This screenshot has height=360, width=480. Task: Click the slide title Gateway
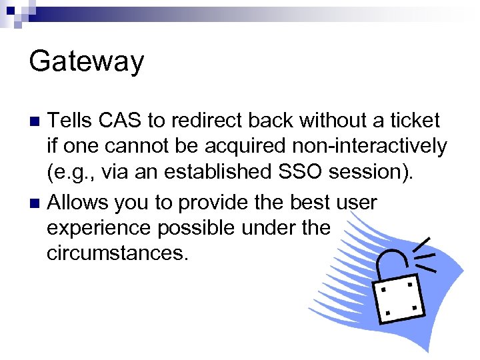pos(87,62)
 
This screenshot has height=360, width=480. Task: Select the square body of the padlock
pos(398,297)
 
